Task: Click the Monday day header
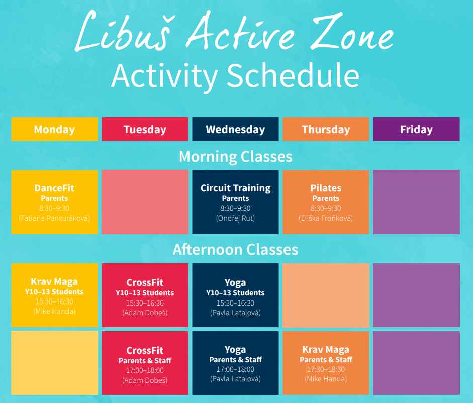coord(55,129)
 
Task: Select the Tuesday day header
coord(145,129)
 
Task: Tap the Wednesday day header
coord(235,129)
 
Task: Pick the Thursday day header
coord(326,129)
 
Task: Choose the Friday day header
coord(416,129)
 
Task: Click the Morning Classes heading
coord(236,157)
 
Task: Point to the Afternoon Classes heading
coord(236,250)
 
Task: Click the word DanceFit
coord(54,188)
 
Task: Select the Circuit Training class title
coord(236,188)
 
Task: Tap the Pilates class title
coord(326,188)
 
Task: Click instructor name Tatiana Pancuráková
coord(54,218)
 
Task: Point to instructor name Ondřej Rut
coord(235,218)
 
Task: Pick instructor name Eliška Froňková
coord(326,218)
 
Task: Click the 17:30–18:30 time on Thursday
coord(326,369)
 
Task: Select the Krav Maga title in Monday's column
coord(54,282)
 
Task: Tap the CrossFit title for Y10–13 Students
coord(145,282)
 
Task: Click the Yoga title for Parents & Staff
coord(235,350)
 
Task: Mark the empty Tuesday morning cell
coord(145,202)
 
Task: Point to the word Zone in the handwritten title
coord(352,31)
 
